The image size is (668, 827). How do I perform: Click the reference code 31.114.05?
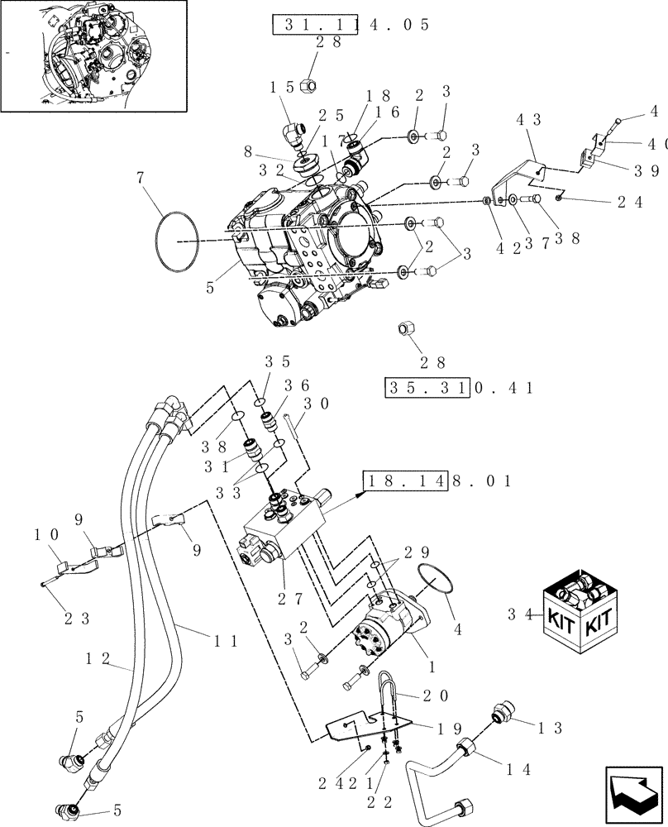(x=351, y=25)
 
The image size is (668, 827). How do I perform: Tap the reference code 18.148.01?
(x=438, y=480)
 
